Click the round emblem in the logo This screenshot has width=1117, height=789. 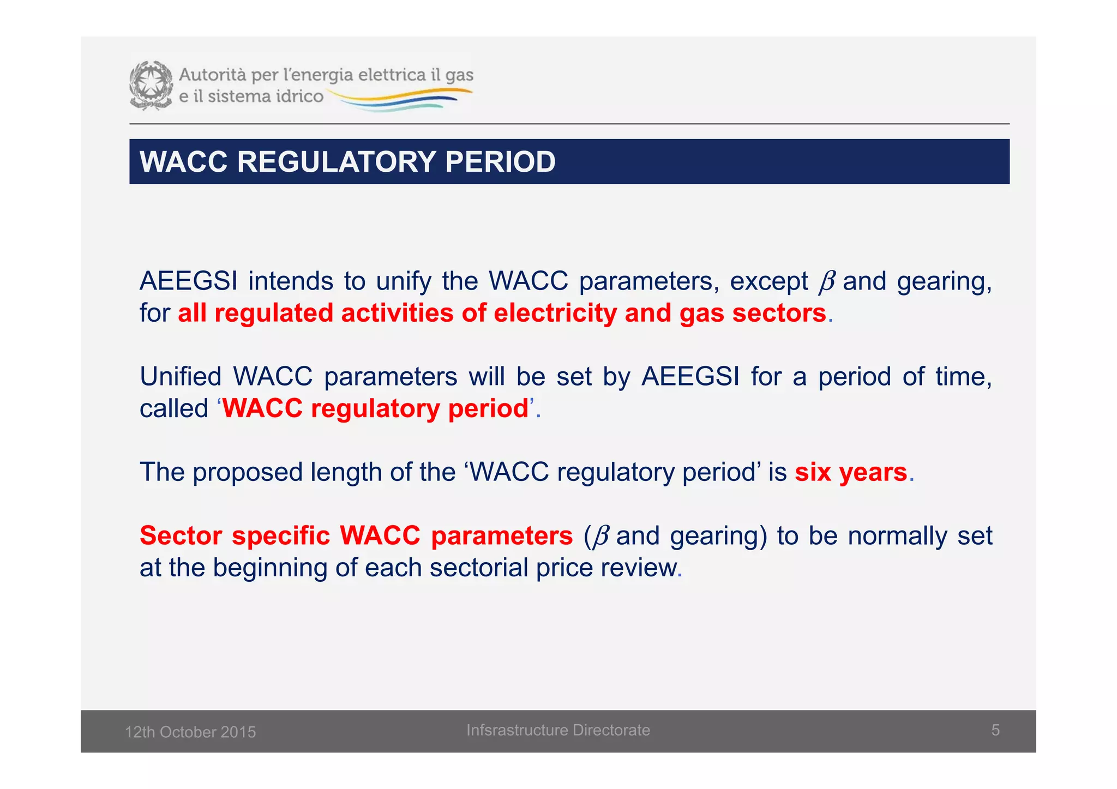(151, 86)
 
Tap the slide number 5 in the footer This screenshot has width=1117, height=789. (995, 730)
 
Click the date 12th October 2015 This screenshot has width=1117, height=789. (190, 732)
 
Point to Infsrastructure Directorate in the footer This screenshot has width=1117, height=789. (558, 730)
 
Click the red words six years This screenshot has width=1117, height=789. (850, 472)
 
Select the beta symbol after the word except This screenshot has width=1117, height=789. (827, 282)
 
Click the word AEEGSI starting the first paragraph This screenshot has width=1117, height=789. (188, 281)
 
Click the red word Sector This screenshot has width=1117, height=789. (181, 535)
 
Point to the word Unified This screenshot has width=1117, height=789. (181, 377)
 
